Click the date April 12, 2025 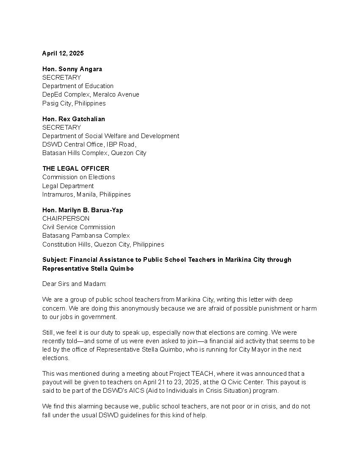[63, 53]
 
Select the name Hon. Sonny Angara [72, 69]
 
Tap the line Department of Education [78, 86]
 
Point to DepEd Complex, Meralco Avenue [91, 94]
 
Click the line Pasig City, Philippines [74, 103]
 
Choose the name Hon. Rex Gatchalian [73, 119]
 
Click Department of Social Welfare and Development [111, 136]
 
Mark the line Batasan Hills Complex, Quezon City [94, 153]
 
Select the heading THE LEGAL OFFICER [75, 169]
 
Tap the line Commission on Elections [78, 177]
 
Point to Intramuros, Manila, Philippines [86, 194]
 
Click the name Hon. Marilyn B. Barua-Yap [83, 210]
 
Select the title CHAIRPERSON [66, 219]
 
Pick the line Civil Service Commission [78, 227]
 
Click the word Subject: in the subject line [55, 260]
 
